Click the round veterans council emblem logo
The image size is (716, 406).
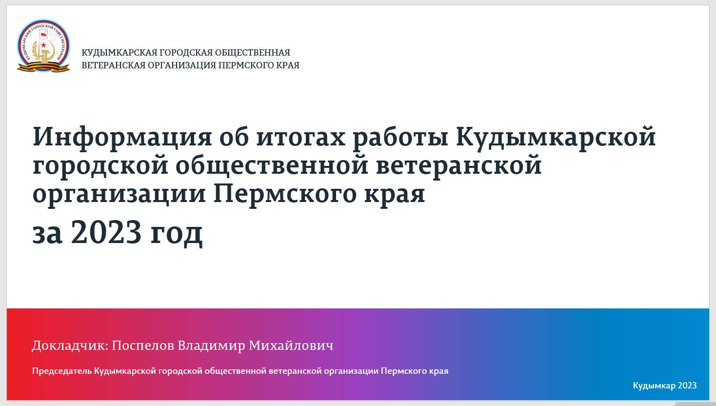pos(43,46)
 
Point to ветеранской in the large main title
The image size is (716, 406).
pos(459,165)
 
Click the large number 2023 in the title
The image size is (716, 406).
pos(106,232)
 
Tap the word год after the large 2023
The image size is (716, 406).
pos(176,233)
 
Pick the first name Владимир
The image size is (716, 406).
pos(211,345)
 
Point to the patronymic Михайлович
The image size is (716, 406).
pos(291,345)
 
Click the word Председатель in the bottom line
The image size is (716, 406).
pos(62,371)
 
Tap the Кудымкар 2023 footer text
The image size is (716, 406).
pos(664,386)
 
